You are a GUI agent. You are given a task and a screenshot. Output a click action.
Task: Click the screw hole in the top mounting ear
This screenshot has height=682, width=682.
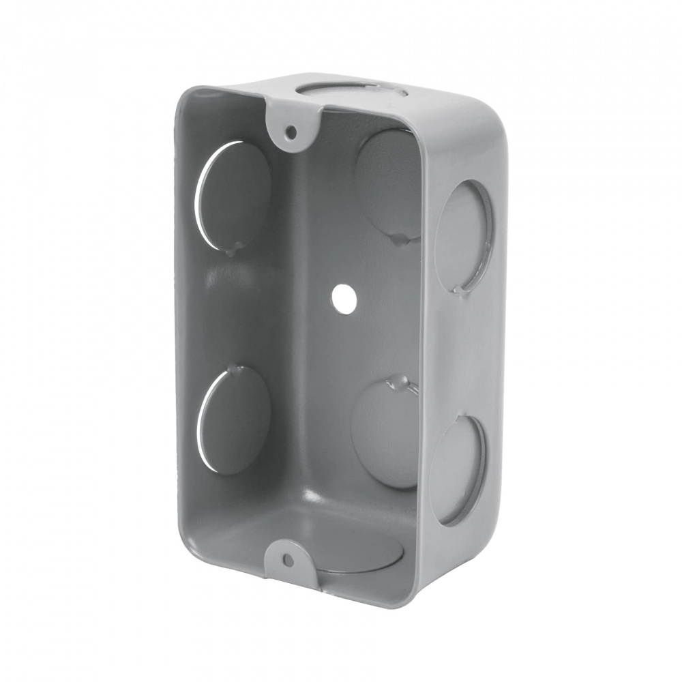(291, 130)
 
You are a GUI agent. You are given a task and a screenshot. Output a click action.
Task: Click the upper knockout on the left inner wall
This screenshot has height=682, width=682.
(233, 195)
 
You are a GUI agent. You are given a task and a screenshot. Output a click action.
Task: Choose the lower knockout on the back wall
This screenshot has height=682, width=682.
(386, 434)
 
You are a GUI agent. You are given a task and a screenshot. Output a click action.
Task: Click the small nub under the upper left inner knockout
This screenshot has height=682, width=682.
(233, 251)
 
